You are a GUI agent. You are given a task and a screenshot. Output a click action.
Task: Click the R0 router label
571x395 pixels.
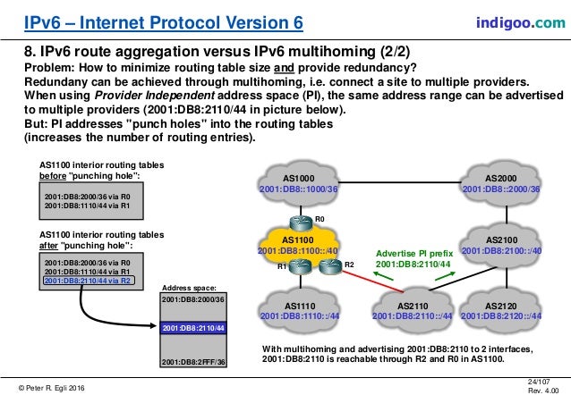click(320, 216)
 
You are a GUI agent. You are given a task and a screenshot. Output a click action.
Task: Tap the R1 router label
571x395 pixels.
click(280, 266)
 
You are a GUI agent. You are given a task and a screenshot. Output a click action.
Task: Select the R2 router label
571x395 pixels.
click(349, 265)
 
